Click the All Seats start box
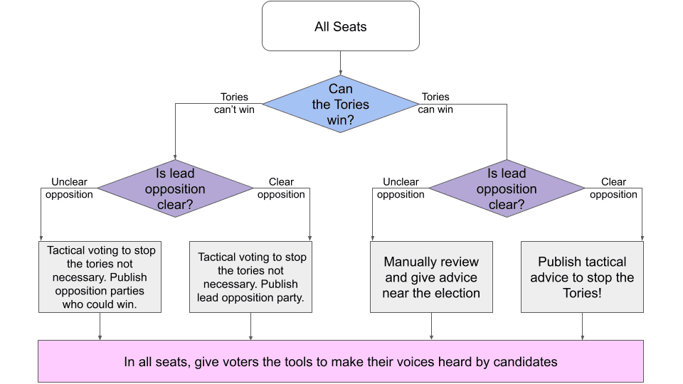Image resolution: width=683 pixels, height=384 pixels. [341, 26]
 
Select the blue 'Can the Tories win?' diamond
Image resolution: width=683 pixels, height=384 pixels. [341, 105]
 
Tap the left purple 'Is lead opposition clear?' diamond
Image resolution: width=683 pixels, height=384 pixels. [175, 188]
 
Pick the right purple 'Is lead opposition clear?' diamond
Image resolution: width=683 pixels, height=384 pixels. [507, 188]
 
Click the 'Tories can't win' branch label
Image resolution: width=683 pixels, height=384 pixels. [234, 103]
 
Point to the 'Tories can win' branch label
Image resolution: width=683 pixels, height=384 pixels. [435, 103]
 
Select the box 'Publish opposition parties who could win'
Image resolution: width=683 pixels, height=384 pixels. [100, 277]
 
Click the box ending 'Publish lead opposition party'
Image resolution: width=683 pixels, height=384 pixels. [251, 277]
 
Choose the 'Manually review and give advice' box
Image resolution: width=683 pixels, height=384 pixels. [431, 277]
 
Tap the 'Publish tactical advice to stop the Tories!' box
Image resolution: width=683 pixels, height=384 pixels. [582, 277]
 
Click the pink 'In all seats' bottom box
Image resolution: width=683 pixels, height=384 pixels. [341, 361]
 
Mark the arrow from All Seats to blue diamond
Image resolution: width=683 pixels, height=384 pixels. [341, 63]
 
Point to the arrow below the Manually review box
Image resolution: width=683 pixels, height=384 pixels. [431, 326]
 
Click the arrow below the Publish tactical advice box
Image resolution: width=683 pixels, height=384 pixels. [582, 326]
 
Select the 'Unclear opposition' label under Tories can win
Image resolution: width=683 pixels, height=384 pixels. [401, 188]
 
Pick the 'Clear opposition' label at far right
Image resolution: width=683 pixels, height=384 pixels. [613, 188]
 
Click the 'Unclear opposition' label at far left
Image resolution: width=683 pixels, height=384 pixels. [69, 188]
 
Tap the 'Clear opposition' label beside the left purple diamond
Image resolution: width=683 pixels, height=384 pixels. [281, 188]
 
